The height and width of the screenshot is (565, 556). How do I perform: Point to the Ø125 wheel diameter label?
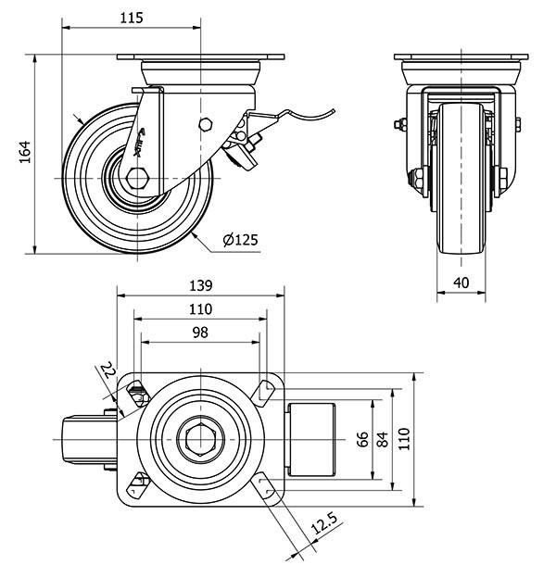coord(239,241)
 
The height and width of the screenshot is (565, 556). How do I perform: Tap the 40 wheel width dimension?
coord(460,282)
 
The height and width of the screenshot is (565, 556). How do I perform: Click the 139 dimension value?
coord(201,285)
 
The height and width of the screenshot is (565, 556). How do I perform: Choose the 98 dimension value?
coord(199,332)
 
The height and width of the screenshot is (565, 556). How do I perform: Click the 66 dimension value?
coord(362,436)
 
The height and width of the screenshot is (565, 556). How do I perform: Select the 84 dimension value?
coord(382,436)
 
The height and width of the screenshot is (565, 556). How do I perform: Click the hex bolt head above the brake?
coord(207,124)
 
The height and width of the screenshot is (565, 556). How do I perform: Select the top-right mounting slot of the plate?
coord(266,394)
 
